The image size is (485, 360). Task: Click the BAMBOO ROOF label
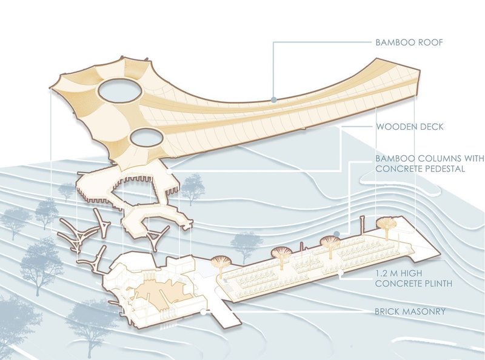[x=409, y=42]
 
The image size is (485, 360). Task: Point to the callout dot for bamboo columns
[x=336, y=232]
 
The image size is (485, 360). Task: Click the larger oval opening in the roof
[x=119, y=92]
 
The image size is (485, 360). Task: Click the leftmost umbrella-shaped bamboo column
[x=221, y=263]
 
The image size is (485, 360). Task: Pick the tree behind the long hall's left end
[x=246, y=243]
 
